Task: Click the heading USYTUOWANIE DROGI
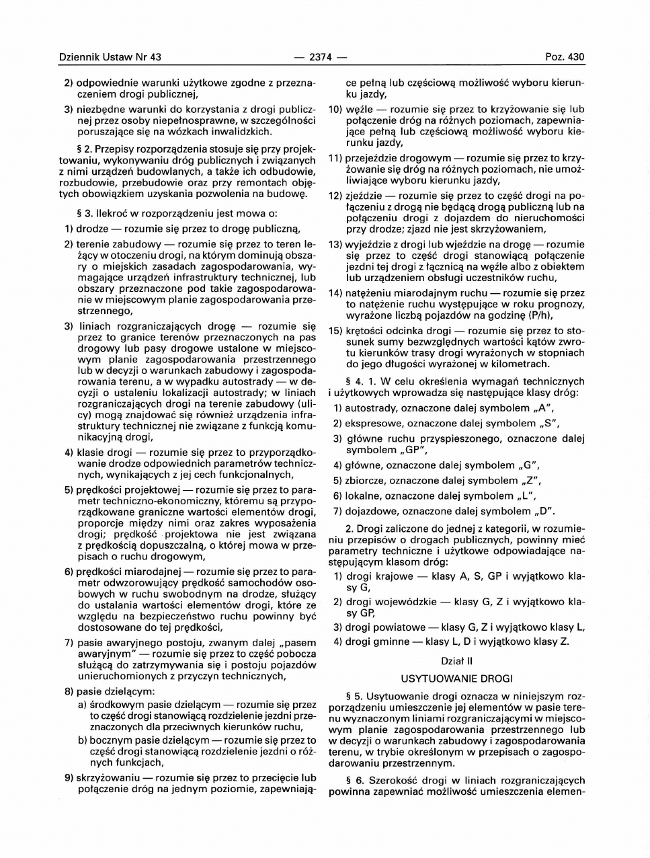[456, 677]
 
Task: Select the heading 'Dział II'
[456, 661]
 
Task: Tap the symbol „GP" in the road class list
[412, 450]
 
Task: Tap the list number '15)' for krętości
[335, 331]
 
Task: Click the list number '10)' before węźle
[335, 109]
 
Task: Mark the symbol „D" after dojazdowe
[546, 511]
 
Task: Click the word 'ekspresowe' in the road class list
[374, 424]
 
